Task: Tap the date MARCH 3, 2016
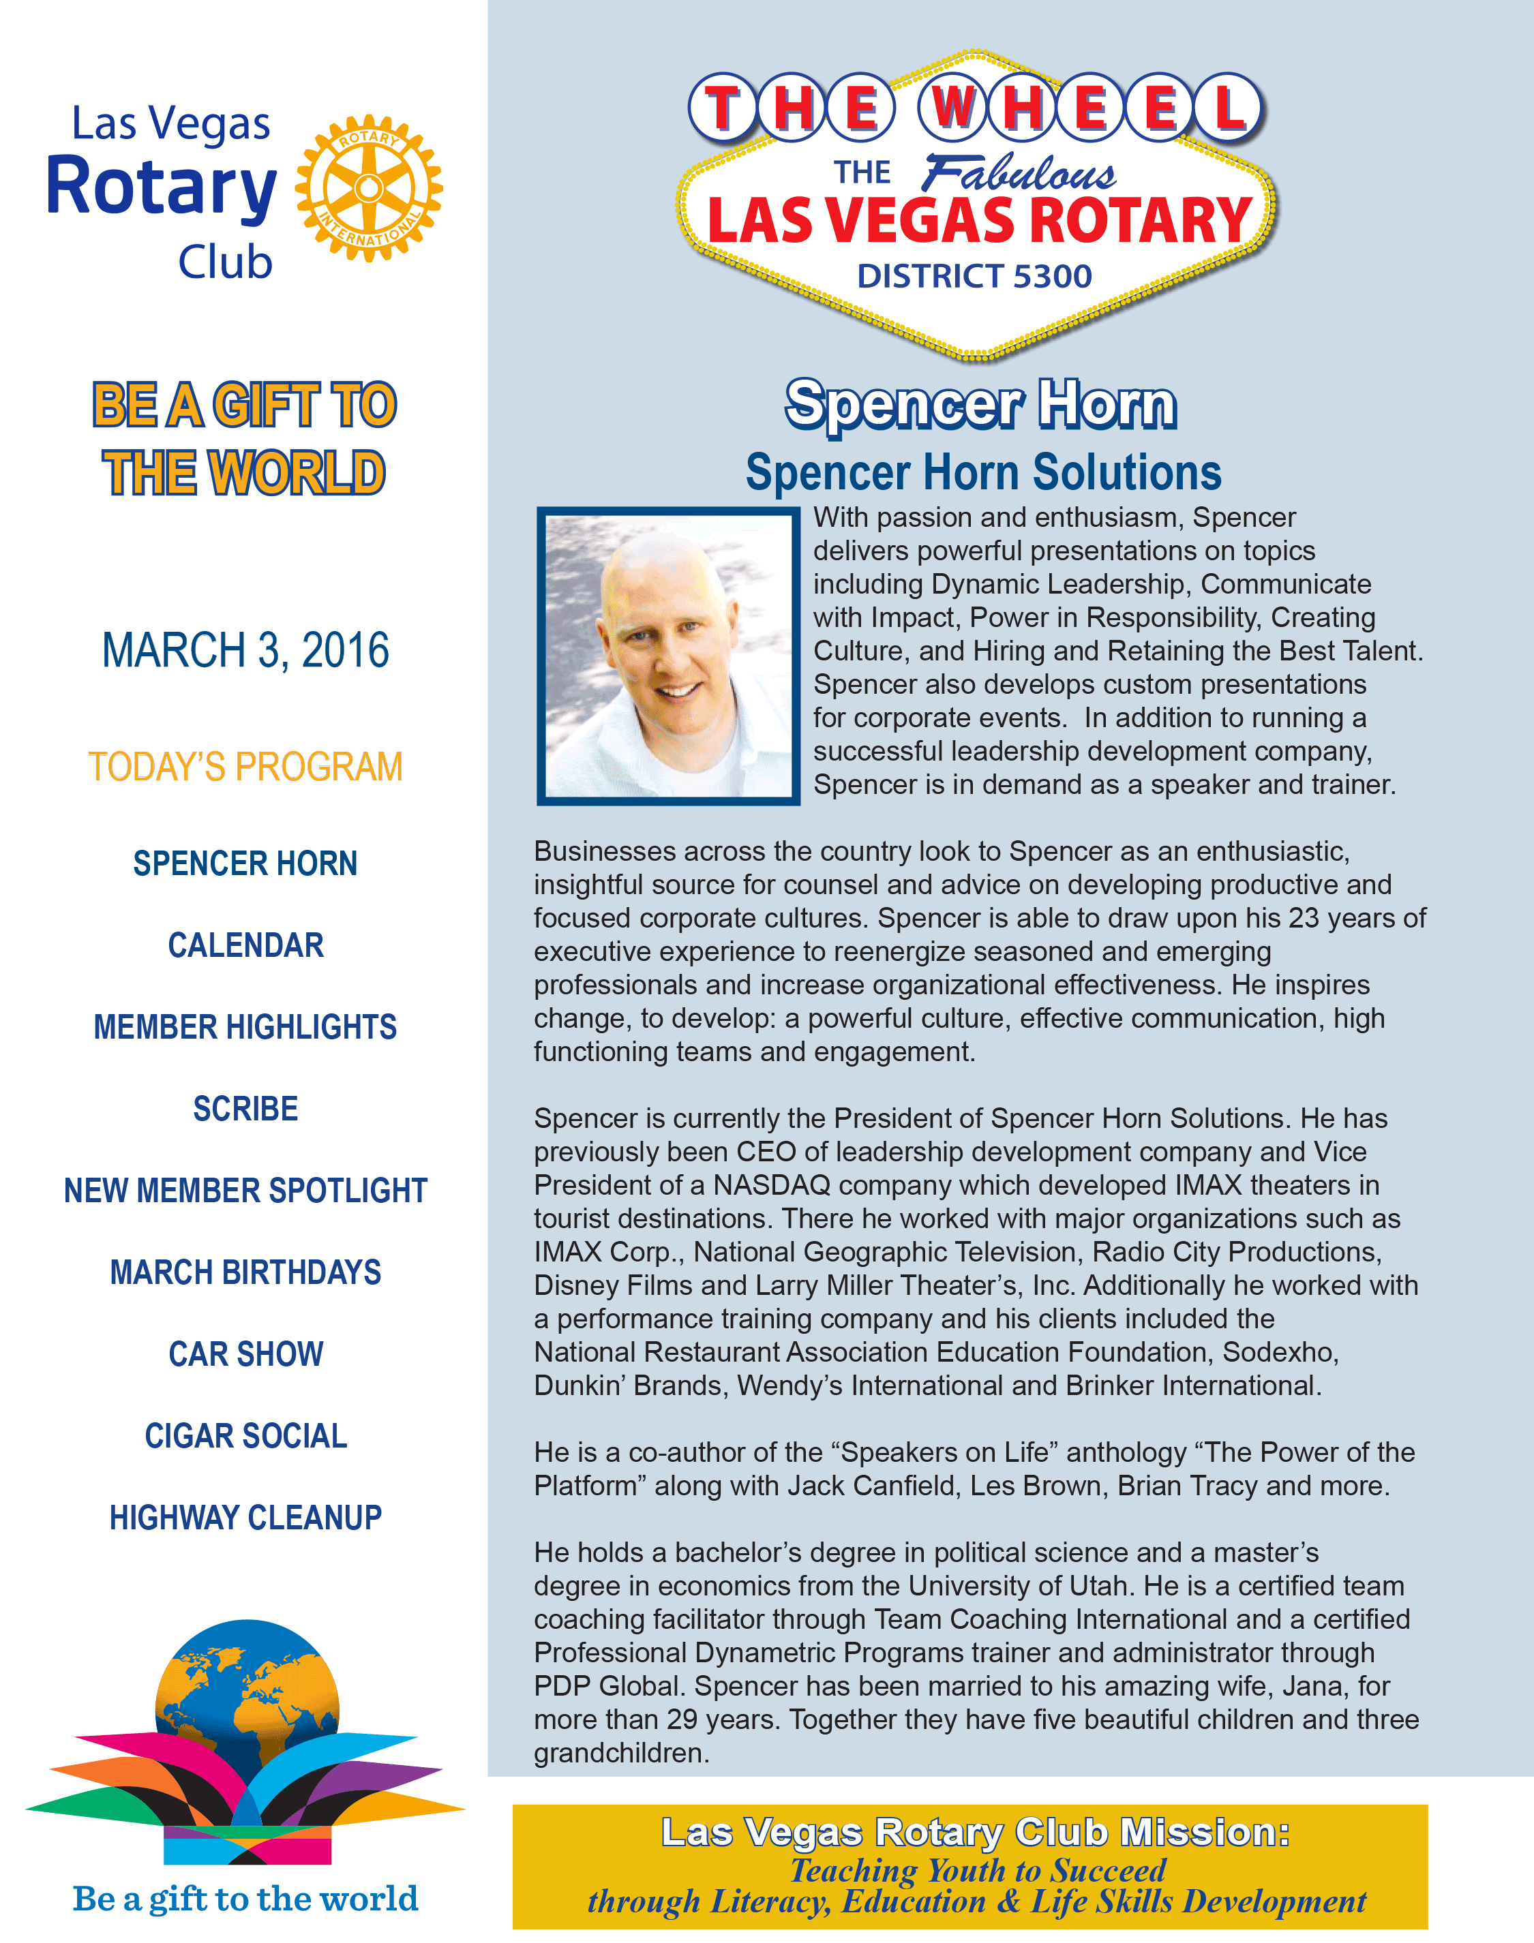pyautogui.click(x=245, y=650)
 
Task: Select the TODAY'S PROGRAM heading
pyautogui.click(x=245, y=767)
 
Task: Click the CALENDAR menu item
pyautogui.click(x=245, y=945)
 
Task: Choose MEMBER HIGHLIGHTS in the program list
pyautogui.click(x=245, y=1027)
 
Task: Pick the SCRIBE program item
pyautogui.click(x=245, y=1109)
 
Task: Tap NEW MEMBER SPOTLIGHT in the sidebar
pyautogui.click(x=245, y=1191)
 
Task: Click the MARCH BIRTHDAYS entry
pyautogui.click(x=245, y=1272)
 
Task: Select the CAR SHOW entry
pyautogui.click(x=245, y=1354)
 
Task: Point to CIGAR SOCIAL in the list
pyautogui.click(x=245, y=1436)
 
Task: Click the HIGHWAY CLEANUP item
pyautogui.click(x=245, y=1518)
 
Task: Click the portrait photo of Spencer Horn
pyautogui.click(x=668, y=656)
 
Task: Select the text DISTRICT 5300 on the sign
pyautogui.click(x=974, y=277)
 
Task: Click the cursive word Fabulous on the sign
pyautogui.click(x=1019, y=173)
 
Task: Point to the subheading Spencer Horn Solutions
pyautogui.click(x=982, y=473)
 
